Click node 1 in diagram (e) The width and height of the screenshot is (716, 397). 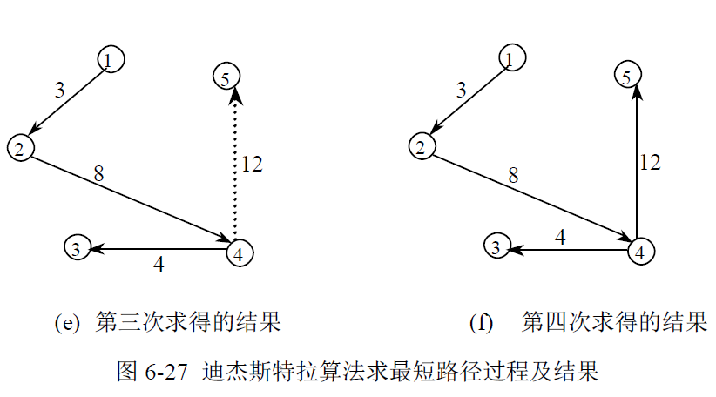pos(110,59)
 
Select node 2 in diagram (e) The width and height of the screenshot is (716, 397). pos(19,147)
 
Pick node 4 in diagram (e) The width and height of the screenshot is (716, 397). pos(240,252)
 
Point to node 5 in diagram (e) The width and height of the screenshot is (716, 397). pos(226,77)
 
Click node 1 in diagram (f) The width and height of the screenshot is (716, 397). pos(511,57)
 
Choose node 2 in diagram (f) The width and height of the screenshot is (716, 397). pos(422,146)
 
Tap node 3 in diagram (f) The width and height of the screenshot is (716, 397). pos(496,247)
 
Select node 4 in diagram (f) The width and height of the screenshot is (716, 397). pos(640,251)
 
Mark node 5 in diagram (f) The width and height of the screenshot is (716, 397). pos(626,77)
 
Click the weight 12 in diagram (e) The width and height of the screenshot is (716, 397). pos(252,164)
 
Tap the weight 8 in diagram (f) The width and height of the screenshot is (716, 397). pos(513,176)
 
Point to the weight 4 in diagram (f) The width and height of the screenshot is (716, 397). pos(561,236)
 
